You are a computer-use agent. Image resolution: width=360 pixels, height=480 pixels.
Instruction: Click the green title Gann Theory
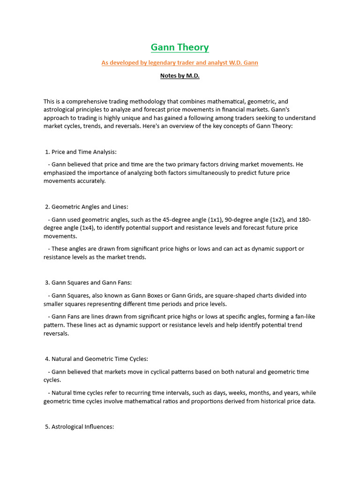tap(180, 47)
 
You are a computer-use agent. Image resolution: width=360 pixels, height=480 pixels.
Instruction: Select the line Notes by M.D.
tap(180, 75)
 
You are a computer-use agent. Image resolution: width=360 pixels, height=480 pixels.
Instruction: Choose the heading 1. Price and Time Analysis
tap(80, 152)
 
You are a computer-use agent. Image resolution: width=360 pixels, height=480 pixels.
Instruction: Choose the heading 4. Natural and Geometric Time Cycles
tap(97, 359)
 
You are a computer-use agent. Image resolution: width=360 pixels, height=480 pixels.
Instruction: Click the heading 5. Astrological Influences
tap(80, 427)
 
